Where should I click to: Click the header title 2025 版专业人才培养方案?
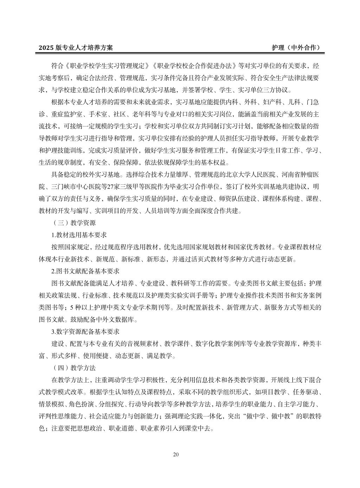76,47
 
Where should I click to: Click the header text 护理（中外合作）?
296,47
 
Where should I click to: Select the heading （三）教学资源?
73,223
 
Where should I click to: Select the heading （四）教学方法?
73,368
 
